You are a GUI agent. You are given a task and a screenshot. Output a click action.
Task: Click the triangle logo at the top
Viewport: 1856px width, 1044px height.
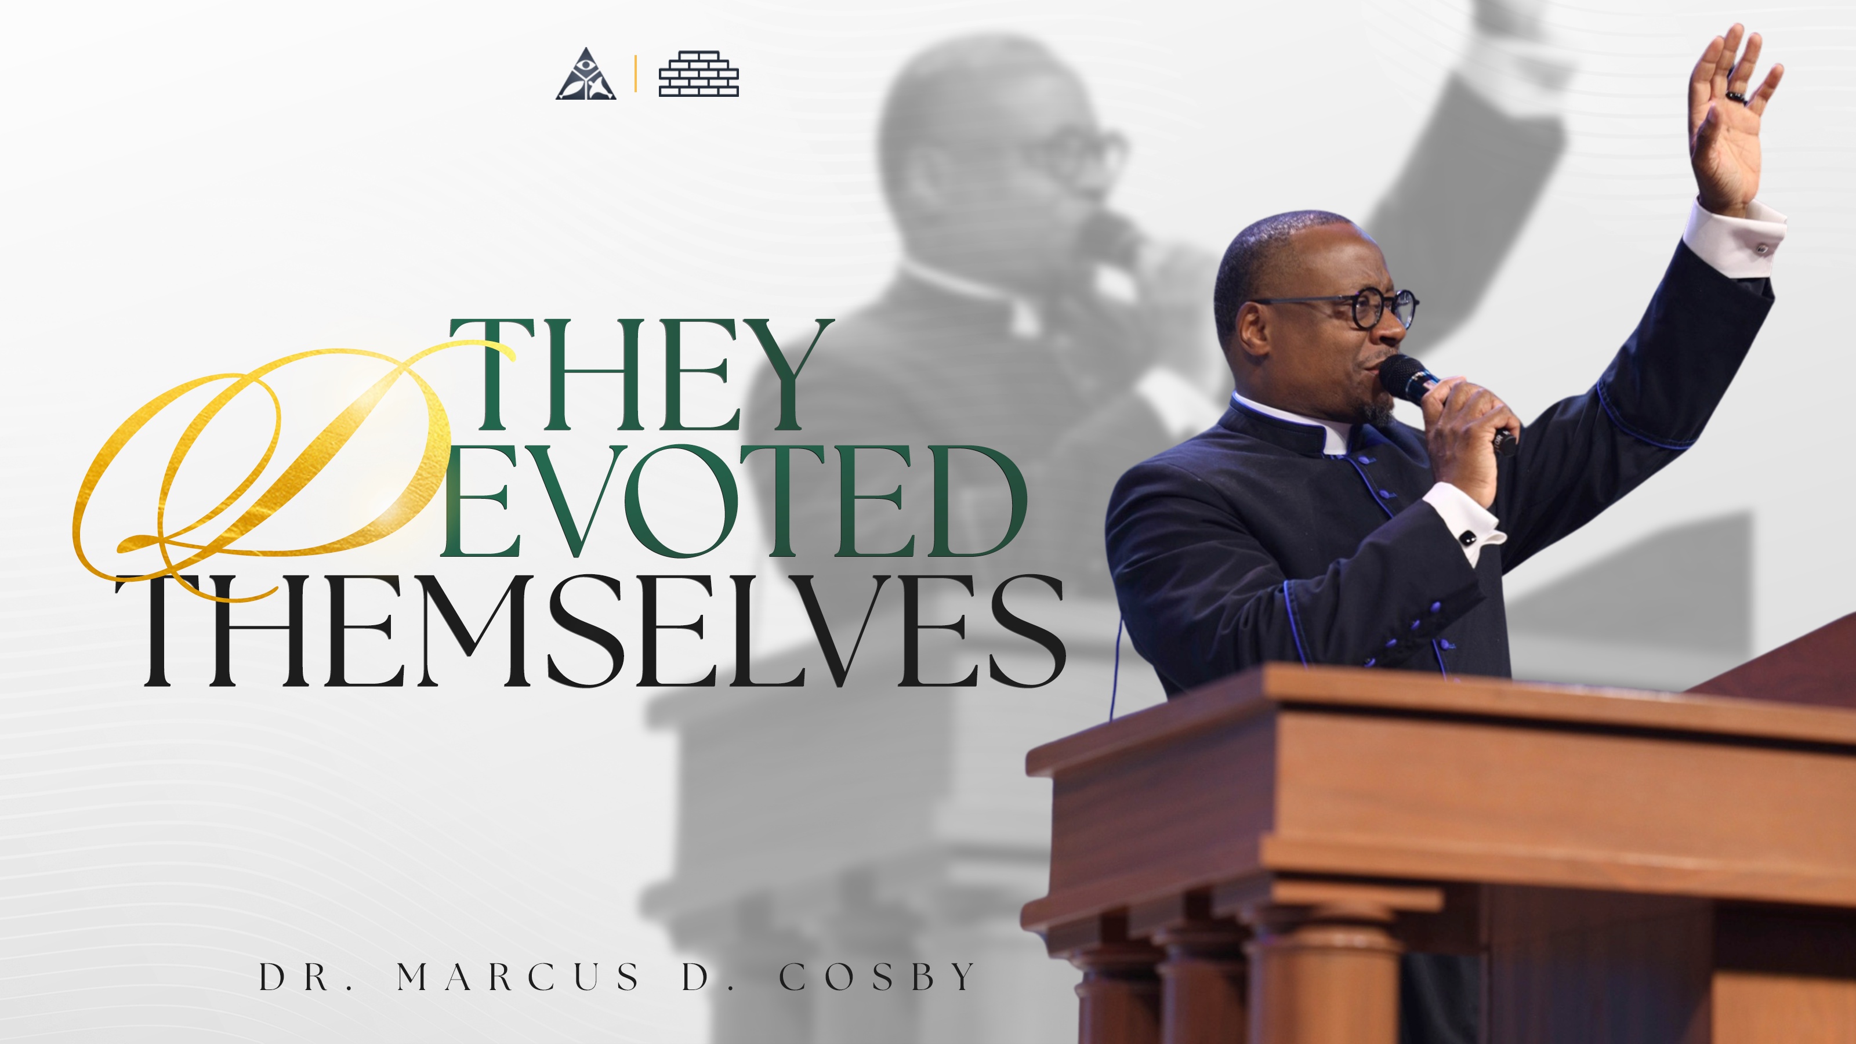pyautogui.click(x=586, y=75)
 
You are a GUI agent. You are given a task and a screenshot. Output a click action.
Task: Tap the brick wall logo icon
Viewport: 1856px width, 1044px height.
pyautogui.click(x=698, y=74)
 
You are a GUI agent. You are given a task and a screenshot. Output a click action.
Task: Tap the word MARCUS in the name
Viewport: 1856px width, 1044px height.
pyautogui.click(x=517, y=977)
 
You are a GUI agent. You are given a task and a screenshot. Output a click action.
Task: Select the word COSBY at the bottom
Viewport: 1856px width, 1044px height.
pyautogui.click(x=877, y=977)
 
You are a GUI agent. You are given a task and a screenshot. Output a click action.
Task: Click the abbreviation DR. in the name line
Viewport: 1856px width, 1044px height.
pyautogui.click(x=306, y=977)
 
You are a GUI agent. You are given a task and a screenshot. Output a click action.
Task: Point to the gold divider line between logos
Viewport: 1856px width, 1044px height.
pyautogui.click(x=636, y=74)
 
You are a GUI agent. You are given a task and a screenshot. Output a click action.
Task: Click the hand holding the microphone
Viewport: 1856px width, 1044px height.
pyautogui.click(x=1470, y=440)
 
